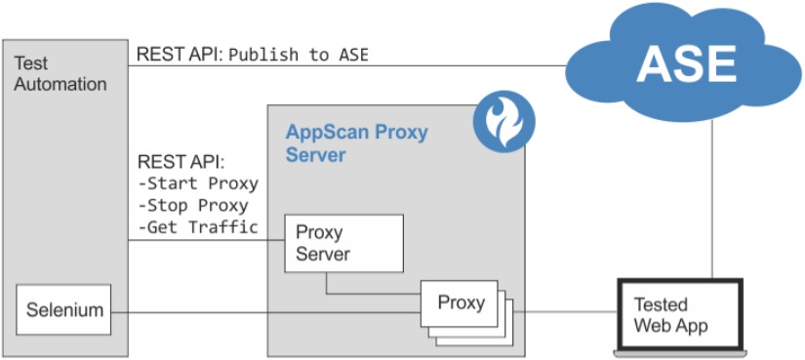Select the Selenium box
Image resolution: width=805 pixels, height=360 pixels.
tap(64, 310)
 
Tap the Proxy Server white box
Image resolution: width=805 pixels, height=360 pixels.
tap(343, 244)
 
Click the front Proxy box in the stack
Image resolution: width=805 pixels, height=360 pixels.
tap(460, 303)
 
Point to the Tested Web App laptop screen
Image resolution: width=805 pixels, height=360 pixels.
tap(681, 314)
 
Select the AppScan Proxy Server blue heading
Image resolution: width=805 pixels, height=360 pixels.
tap(356, 142)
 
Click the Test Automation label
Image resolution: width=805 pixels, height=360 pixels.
tap(60, 74)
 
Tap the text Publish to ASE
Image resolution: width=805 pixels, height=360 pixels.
tap(299, 55)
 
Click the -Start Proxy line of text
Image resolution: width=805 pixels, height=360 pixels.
tap(198, 183)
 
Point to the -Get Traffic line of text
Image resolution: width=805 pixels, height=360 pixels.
tap(198, 227)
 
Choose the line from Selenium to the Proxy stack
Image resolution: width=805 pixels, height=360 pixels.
tap(263, 312)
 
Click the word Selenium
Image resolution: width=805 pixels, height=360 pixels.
tap(64, 310)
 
